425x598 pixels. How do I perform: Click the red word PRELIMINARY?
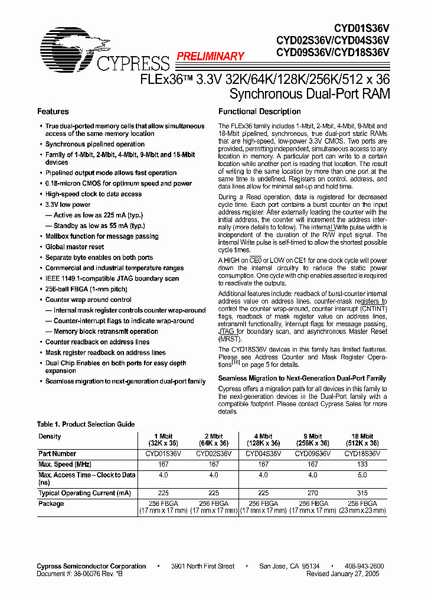[210, 57]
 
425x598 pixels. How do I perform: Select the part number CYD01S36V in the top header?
[361, 28]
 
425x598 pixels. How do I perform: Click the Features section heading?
[53, 112]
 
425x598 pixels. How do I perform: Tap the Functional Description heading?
[259, 112]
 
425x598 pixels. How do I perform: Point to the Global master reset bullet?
[74, 247]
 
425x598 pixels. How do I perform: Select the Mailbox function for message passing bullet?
[102, 236]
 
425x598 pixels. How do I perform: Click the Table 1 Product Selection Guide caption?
[86, 424]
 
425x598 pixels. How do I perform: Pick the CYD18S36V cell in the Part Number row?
[362, 454]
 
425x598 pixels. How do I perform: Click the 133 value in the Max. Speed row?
[362, 464]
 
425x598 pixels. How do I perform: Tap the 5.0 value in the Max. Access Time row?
[362, 475]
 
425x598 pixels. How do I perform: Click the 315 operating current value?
[362, 493]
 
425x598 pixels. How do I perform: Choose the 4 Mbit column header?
[263, 440]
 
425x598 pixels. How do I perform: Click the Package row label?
[51, 503]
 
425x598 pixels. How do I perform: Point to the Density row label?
[50, 436]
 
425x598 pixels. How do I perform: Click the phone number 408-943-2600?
[364, 566]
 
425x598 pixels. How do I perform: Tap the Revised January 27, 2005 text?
[343, 573]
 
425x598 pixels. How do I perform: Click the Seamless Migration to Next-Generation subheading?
[302, 378]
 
